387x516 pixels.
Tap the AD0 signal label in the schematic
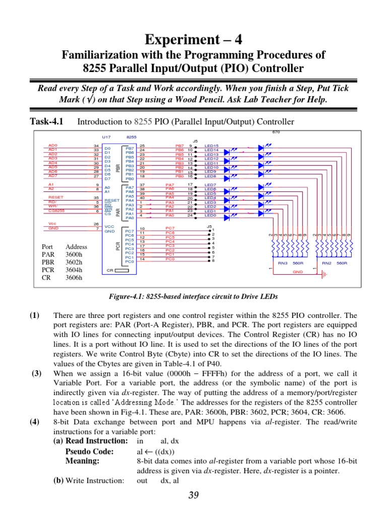[x=53, y=145]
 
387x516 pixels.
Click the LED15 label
[x=211, y=146]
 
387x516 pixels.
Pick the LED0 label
[x=210, y=215]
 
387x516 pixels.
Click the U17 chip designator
[x=106, y=137]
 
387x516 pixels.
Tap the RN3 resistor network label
[x=283, y=263]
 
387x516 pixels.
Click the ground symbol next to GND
[x=325, y=275]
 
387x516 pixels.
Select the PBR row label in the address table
[x=48, y=262]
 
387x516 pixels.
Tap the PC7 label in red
[x=170, y=228]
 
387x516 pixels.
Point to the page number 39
[x=193, y=496]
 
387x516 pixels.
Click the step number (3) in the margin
[x=35, y=373]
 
